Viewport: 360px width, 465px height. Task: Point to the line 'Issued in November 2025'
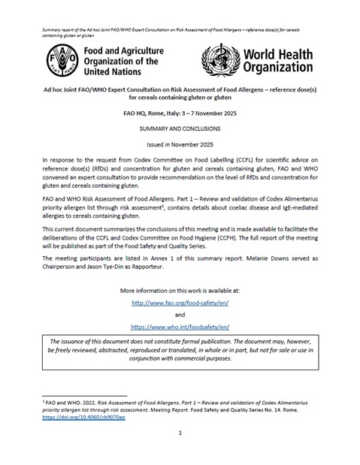coord(180,143)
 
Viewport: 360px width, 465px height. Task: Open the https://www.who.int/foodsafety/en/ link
coord(180,328)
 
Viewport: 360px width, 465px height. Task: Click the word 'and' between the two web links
coord(180,315)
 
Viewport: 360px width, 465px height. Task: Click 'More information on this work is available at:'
coord(180,289)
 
